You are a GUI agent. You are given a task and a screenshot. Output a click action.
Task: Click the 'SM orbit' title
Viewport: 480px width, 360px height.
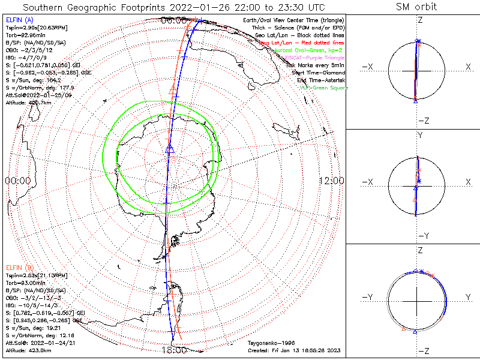click(416, 7)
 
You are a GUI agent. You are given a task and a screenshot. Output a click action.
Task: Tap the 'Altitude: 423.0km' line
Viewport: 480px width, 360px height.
click(28, 349)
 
